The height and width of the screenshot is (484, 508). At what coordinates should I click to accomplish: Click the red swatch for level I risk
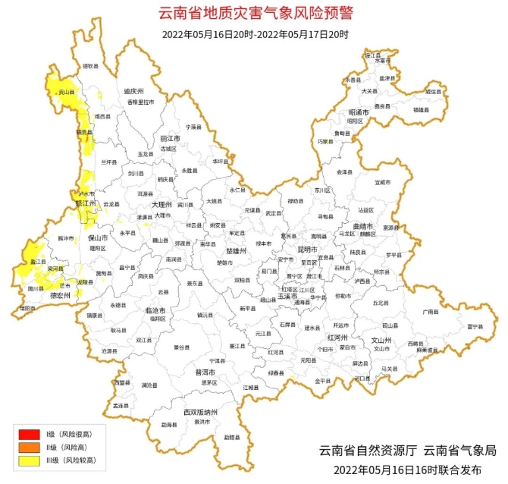point(28,433)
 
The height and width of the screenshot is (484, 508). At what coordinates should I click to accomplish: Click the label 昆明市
point(307,249)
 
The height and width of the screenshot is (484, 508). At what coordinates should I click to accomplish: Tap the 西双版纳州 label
point(200,412)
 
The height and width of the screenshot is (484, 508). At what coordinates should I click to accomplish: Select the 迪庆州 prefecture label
point(134,92)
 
